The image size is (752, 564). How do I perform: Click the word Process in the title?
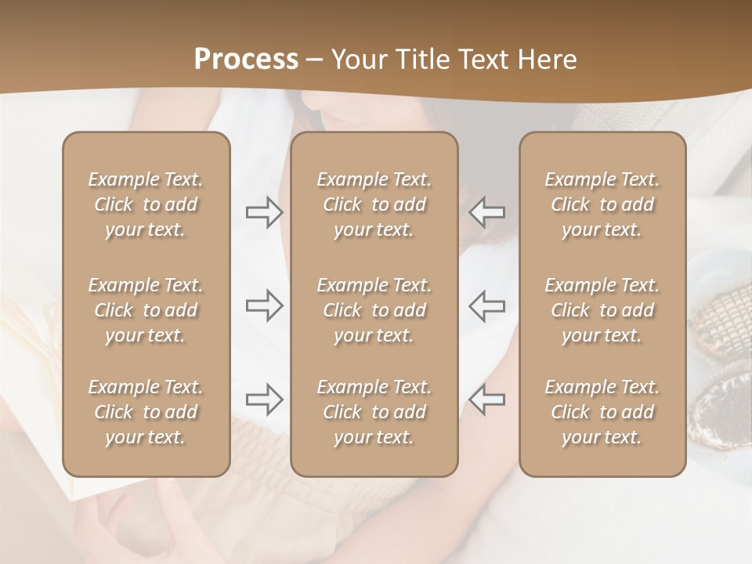click(x=246, y=60)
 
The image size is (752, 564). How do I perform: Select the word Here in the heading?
click(x=547, y=60)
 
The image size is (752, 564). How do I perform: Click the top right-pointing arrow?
click(x=264, y=212)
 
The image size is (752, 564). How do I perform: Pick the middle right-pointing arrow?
click(x=264, y=305)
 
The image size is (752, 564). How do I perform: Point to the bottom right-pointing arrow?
click(x=264, y=399)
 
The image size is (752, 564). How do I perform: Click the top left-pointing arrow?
click(x=487, y=212)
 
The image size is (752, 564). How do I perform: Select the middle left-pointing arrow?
click(x=487, y=305)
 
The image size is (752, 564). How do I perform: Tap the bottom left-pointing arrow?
click(x=487, y=399)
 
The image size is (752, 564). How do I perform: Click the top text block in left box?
click(x=146, y=204)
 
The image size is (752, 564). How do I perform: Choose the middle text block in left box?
click(x=146, y=310)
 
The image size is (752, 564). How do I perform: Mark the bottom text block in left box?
click(x=146, y=412)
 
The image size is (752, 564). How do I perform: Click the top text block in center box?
click(x=374, y=204)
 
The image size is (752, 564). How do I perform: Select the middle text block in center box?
click(x=374, y=310)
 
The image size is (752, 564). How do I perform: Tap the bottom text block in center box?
click(x=374, y=412)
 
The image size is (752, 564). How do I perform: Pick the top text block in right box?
click(x=602, y=204)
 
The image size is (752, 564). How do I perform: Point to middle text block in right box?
click(x=602, y=310)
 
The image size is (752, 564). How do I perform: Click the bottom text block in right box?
click(x=602, y=412)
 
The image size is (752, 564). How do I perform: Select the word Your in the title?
click(x=356, y=60)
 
